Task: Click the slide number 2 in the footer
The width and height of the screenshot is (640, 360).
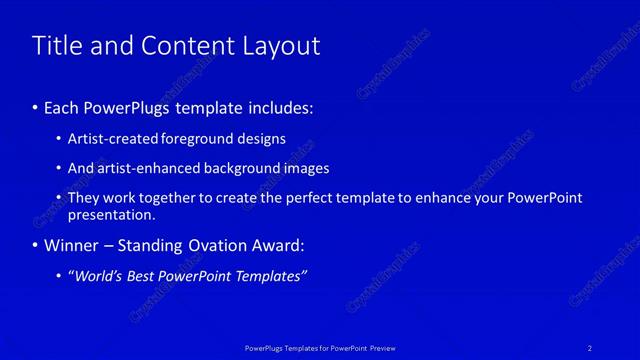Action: coord(590,347)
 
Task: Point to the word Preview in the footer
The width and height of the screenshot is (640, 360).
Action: coord(379,347)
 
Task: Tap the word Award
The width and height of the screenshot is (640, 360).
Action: coord(277,245)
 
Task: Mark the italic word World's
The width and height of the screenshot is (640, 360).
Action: coord(100,276)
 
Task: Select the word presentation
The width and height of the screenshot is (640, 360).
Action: coord(111,215)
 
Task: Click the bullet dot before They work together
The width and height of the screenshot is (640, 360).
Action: coord(60,198)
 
